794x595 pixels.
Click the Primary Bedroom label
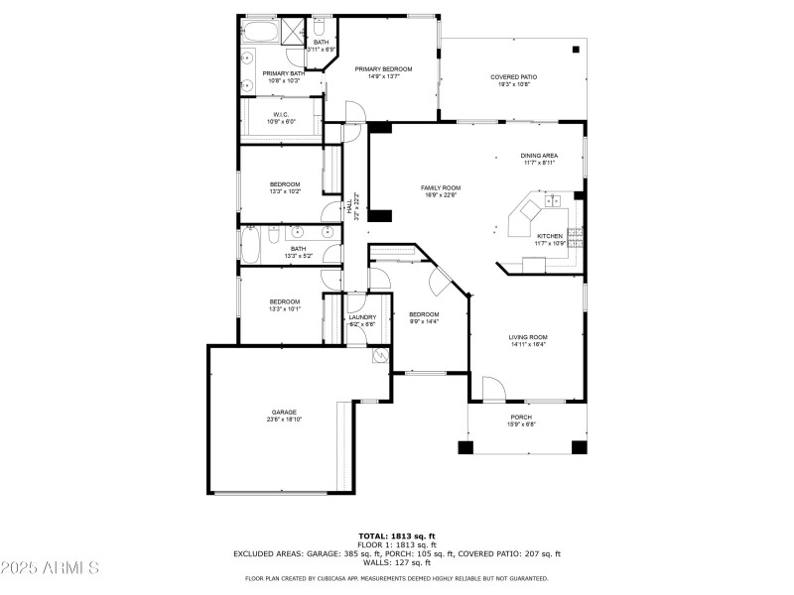[x=383, y=69]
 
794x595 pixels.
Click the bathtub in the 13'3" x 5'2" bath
[x=249, y=245]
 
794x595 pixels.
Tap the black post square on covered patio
[x=576, y=49]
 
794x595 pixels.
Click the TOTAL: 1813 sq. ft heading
[x=396, y=536]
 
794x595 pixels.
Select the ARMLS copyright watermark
[x=50, y=568]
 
